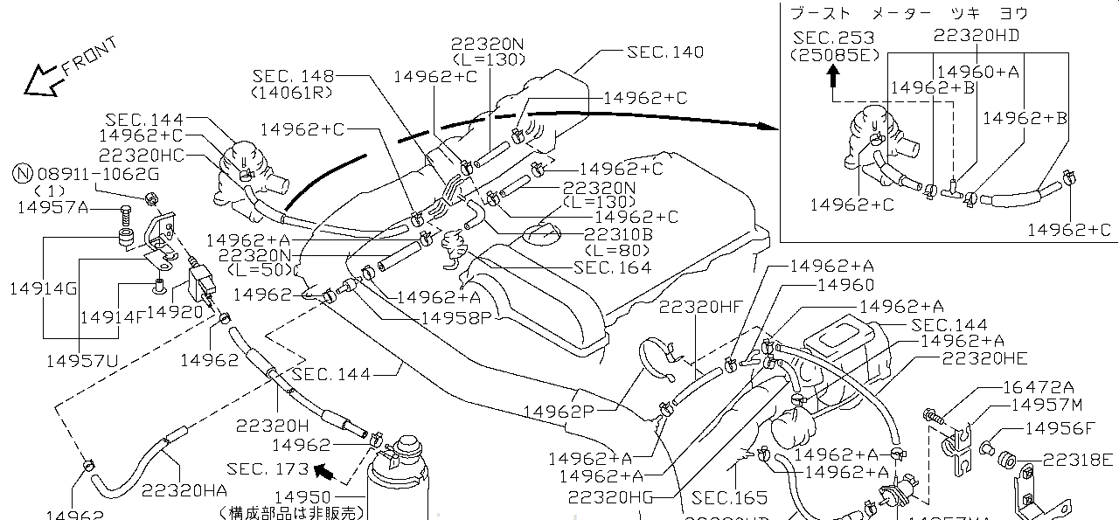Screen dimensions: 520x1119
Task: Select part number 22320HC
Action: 141,155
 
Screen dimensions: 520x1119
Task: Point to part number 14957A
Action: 52,207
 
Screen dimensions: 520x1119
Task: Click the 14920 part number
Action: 176,309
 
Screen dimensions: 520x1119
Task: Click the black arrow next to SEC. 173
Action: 324,473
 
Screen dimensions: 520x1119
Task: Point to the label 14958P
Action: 457,317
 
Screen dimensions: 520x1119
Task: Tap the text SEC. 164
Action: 613,267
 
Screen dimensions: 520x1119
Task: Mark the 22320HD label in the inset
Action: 977,36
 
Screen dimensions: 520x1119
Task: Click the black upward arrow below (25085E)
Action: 833,76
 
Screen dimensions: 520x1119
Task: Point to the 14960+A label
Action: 977,72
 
